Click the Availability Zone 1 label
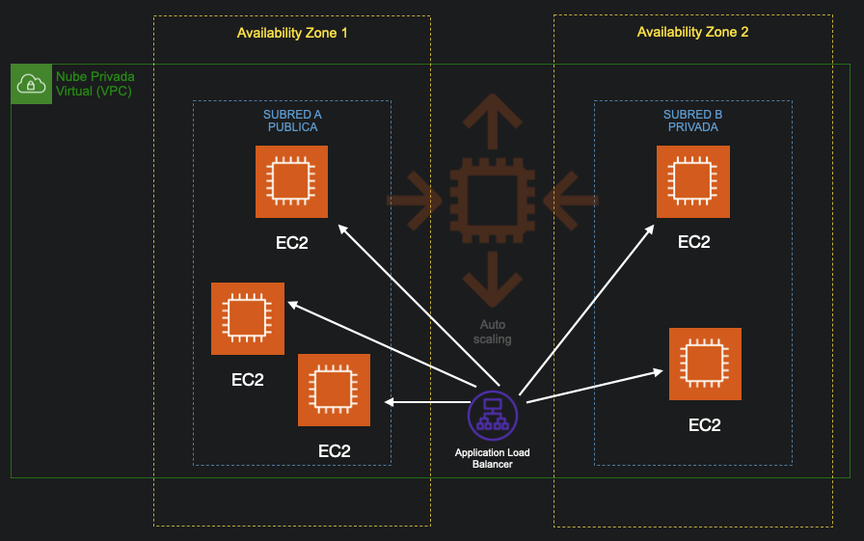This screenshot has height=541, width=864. [x=292, y=33]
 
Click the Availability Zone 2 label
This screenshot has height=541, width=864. [x=692, y=32]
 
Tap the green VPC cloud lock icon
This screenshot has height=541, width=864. [x=32, y=85]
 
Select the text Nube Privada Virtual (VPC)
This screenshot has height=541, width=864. [x=94, y=84]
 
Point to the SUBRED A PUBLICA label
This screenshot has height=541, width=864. [x=292, y=121]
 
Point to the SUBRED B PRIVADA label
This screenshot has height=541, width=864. [x=692, y=121]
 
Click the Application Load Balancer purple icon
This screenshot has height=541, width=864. [x=493, y=416]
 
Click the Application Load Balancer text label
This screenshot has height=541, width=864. [x=493, y=458]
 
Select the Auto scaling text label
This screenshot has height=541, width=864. [x=494, y=332]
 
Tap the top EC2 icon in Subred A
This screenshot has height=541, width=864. [x=291, y=181]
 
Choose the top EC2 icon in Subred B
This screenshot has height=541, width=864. [x=692, y=181]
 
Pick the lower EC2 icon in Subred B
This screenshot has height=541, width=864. [x=705, y=364]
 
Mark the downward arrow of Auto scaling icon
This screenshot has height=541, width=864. [x=493, y=280]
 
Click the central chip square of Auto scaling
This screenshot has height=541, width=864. [x=493, y=201]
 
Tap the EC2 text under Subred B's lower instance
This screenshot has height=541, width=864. [x=705, y=424]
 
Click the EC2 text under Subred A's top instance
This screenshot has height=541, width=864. [x=291, y=242]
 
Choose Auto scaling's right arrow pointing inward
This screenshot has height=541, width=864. [x=572, y=201]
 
